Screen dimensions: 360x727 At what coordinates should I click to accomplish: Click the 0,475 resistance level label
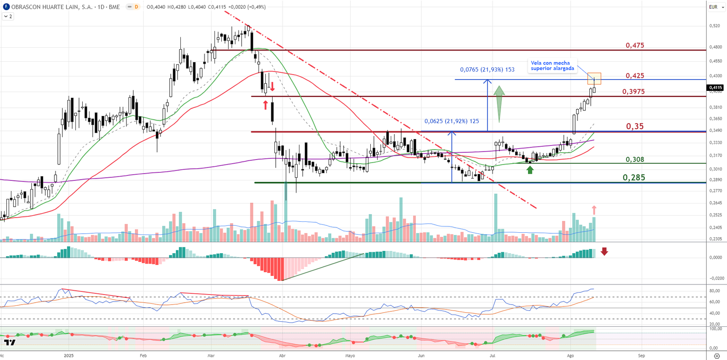[x=635, y=45]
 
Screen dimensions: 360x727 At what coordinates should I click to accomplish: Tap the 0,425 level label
[x=635, y=76]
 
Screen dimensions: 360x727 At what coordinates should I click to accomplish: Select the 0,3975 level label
[x=633, y=92]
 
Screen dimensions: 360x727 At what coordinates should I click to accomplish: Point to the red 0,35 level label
[x=635, y=126]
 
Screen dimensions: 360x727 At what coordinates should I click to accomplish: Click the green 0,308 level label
[x=635, y=160]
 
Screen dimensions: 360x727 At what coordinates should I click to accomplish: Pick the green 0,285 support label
[x=634, y=178]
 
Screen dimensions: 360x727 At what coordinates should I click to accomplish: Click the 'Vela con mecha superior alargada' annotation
[x=552, y=66]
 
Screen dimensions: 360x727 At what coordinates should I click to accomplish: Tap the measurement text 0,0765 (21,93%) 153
[x=487, y=70]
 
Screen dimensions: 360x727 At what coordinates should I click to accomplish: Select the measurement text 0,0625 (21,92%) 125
[x=452, y=121]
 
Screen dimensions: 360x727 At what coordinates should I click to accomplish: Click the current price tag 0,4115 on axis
[x=716, y=88]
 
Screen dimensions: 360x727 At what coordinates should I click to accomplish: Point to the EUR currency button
[x=713, y=7]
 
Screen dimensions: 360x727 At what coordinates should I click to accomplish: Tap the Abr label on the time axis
[x=282, y=355]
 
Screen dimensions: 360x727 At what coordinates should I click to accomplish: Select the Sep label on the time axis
[x=641, y=355]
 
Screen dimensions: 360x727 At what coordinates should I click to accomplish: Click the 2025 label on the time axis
[x=69, y=355]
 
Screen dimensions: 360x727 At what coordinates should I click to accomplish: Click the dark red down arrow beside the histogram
[x=604, y=251]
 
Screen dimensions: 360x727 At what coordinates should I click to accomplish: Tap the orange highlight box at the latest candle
[x=594, y=78]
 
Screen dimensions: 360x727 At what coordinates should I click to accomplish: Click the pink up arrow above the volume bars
[x=594, y=210]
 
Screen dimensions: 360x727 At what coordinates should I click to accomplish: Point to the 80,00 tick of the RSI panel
[x=714, y=291]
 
